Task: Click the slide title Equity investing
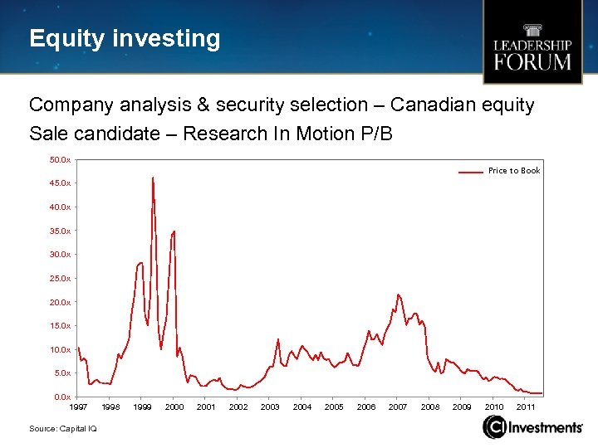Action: (x=125, y=38)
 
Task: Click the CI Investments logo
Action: (x=532, y=427)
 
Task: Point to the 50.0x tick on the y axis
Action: (x=61, y=158)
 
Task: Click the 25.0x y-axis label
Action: (x=61, y=278)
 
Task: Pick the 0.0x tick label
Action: (x=62, y=397)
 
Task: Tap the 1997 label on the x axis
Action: (x=78, y=407)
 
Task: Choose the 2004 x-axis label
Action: (x=302, y=407)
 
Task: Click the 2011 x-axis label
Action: (x=526, y=407)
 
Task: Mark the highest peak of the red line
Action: (x=153, y=178)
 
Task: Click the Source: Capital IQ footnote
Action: (x=62, y=428)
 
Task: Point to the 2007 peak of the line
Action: (x=399, y=295)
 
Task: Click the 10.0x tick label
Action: (x=61, y=349)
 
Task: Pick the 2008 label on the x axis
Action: (x=430, y=407)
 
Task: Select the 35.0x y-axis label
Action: (x=61, y=231)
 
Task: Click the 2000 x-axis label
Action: (x=174, y=407)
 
